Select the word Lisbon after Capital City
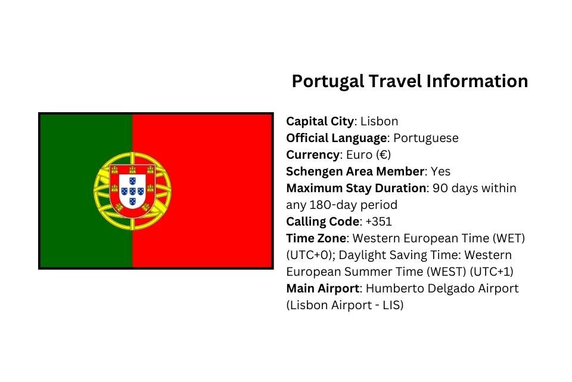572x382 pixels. [379, 121]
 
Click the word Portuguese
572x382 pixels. [426, 138]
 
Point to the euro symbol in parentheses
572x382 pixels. [384, 155]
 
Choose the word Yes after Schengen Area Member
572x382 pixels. [440, 171]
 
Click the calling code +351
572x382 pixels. [378, 221]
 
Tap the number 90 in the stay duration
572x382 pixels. [440, 188]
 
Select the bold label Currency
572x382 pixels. [313, 155]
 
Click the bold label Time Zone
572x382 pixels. [316, 238]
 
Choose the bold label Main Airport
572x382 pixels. [323, 288]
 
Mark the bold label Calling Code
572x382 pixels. [322, 221]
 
